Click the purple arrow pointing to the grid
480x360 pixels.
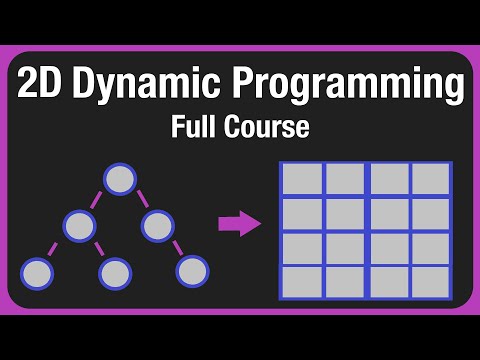(x=239, y=224)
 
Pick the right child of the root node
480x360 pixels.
(x=158, y=225)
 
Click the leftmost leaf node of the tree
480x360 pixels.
(x=37, y=271)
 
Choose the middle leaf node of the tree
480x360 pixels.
(x=115, y=271)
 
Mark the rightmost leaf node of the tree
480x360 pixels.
(x=192, y=270)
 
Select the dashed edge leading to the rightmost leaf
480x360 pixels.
(x=176, y=248)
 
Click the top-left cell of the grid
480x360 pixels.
(x=302, y=179)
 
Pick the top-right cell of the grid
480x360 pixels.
(x=431, y=179)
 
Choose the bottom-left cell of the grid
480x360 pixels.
(x=302, y=281)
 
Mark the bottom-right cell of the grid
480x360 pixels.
(x=431, y=281)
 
